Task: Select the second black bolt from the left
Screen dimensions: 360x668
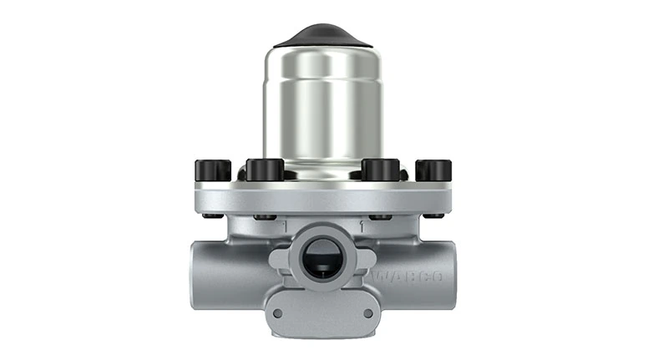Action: click(x=266, y=169)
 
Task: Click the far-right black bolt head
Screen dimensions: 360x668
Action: click(x=433, y=170)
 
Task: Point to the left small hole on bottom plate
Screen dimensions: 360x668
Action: click(x=278, y=314)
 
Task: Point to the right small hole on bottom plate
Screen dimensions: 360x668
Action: click(x=367, y=314)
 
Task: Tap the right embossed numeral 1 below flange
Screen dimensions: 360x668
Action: click(x=360, y=226)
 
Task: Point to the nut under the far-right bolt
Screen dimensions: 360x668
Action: click(x=433, y=216)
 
